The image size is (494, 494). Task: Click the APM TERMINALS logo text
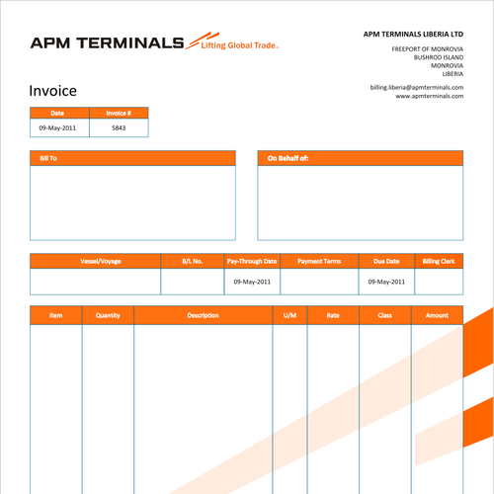pos(107,42)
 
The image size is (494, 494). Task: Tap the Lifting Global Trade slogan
pos(238,45)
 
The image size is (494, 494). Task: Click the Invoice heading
pos(52,91)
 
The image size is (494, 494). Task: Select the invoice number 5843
pos(119,128)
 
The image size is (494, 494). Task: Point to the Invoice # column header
pos(119,114)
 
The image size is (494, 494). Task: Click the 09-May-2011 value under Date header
pos(57,128)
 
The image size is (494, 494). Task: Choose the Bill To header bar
pos(132,158)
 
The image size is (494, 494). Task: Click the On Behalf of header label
pos(288,158)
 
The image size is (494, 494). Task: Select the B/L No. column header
pos(193,262)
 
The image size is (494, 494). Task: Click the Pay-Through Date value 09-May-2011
pos(252,282)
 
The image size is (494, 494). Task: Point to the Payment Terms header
pos(319,262)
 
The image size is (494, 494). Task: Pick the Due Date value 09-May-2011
pos(386,282)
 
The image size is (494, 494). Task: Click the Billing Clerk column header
pos(439,262)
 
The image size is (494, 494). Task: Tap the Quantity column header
pos(108,315)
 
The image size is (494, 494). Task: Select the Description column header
pos(203,315)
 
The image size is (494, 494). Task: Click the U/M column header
pos(289,315)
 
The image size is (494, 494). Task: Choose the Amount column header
pos(437,315)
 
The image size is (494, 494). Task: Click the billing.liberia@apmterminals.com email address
pos(416,87)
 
